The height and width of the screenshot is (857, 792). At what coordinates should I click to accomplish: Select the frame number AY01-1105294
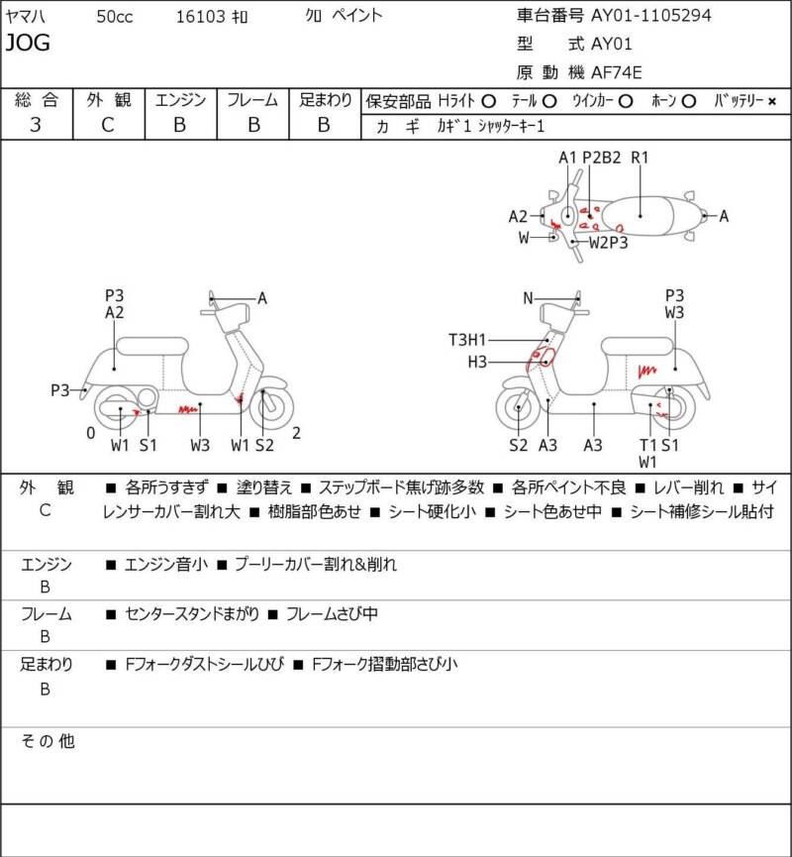tap(650, 15)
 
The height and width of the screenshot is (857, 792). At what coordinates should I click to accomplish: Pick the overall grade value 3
tap(37, 124)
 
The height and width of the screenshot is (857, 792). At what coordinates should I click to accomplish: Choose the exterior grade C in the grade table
tap(108, 124)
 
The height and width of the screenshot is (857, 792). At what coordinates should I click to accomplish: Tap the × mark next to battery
tap(772, 101)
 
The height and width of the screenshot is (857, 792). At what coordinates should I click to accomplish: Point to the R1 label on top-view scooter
tap(640, 158)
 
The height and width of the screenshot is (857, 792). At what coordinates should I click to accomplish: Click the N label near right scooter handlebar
tap(529, 298)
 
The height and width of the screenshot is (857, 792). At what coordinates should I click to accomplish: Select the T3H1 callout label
tap(468, 340)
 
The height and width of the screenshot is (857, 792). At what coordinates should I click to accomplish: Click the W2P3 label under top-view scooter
tap(609, 240)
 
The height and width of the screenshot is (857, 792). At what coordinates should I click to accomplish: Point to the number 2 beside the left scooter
tap(296, 432)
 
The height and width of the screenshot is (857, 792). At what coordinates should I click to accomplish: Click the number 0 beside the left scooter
tap(90, 432)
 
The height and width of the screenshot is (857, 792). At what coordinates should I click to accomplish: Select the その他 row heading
tap(49, 741)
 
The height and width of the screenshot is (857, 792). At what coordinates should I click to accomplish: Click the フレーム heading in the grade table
tap(252, 100)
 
